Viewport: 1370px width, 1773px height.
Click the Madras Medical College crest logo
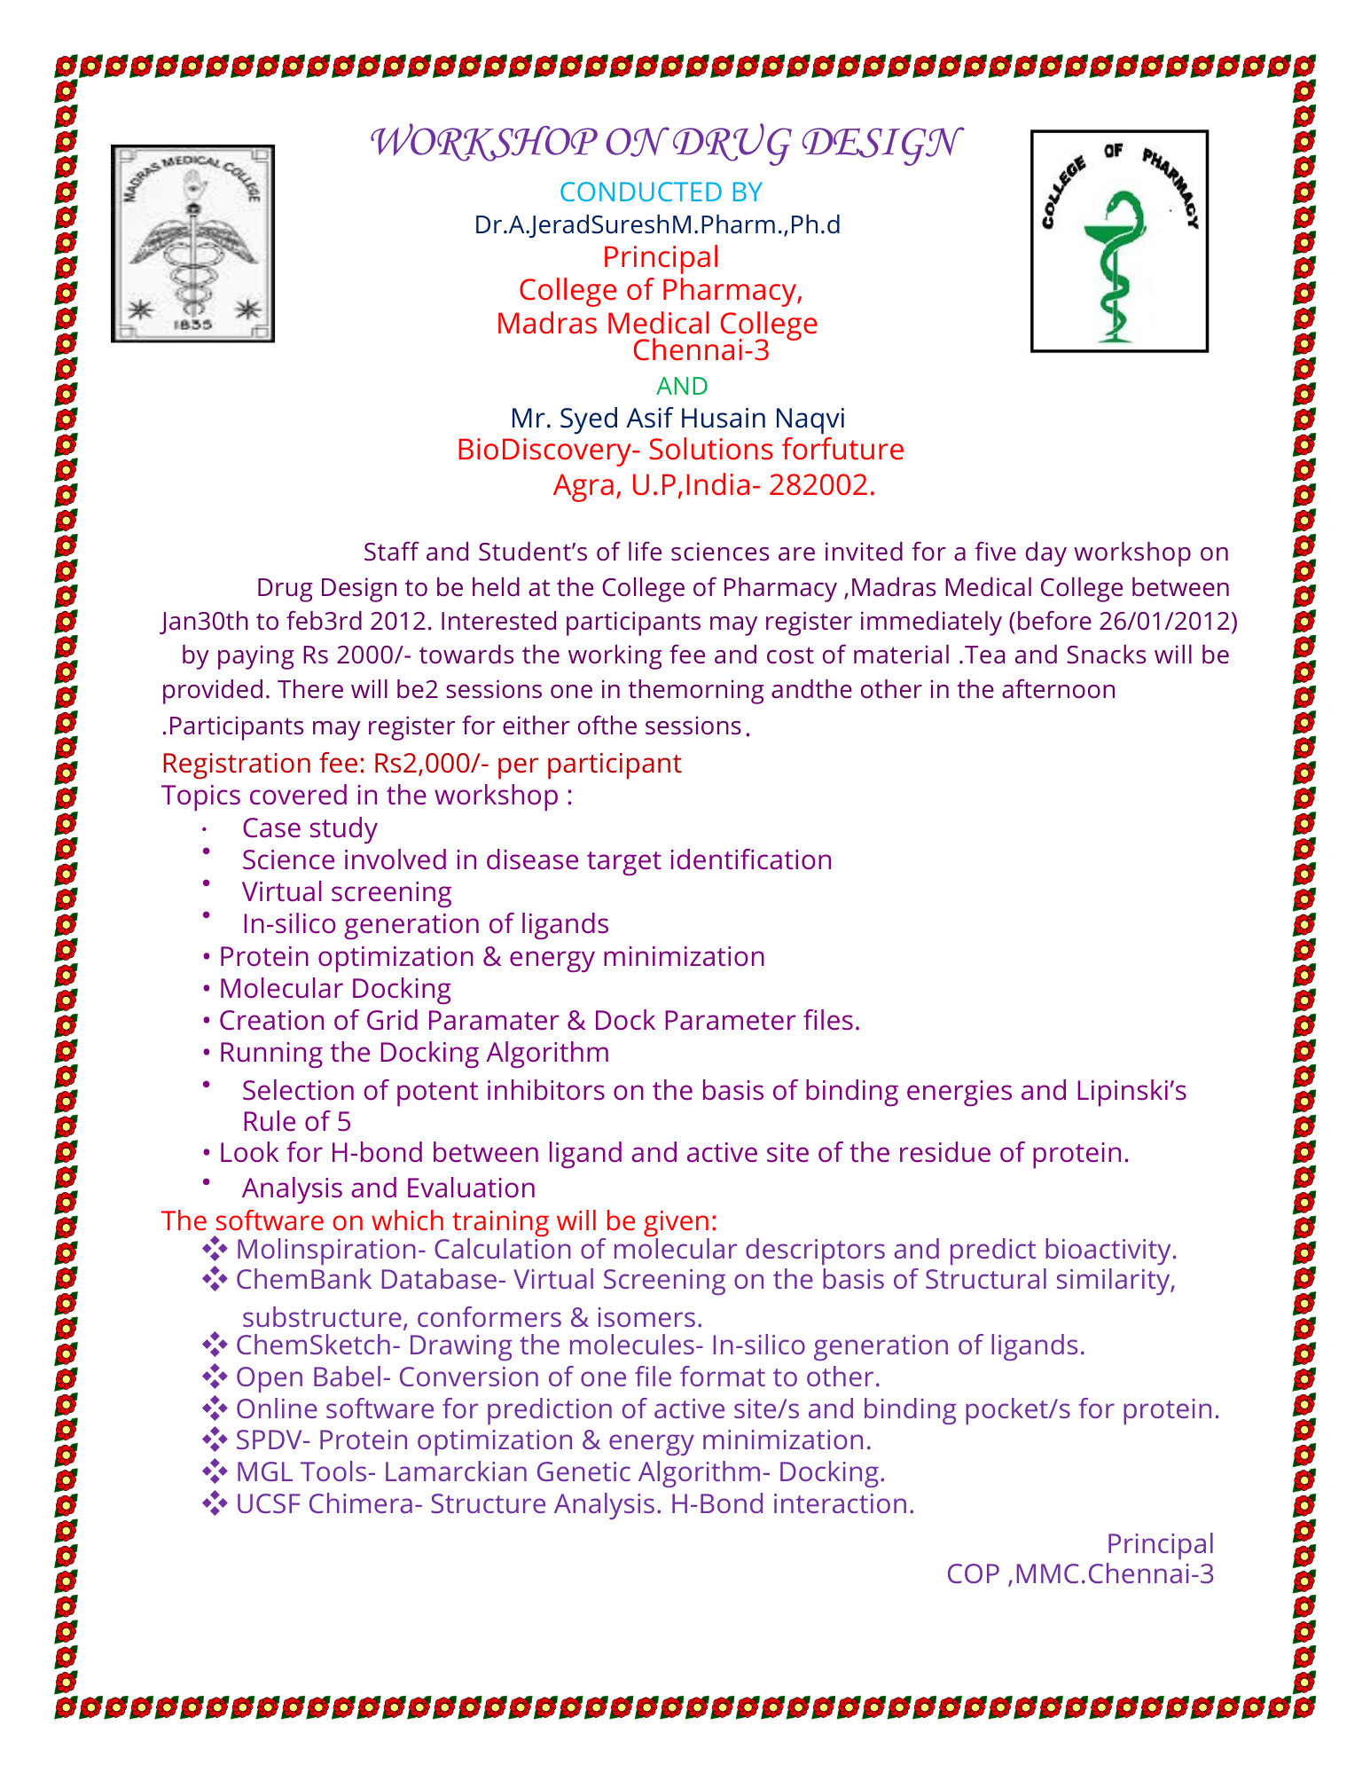click(192, 243)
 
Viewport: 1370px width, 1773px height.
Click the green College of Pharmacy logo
click(1118, 241)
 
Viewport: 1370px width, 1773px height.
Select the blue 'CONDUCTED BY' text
click(661, 192)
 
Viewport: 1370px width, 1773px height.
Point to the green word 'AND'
click(682, 386)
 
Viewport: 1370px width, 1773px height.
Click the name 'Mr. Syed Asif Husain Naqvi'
click(677, 418)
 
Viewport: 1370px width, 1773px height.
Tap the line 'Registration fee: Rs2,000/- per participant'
click(421, 763)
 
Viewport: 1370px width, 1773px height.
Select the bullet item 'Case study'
click(309, 828)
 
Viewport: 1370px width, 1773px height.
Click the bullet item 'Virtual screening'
click(347, 891)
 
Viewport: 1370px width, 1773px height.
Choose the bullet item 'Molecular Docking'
click(334, 988)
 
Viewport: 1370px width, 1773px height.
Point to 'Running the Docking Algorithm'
click(414, 1052)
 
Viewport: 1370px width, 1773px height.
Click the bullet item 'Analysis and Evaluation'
click(388, 1188)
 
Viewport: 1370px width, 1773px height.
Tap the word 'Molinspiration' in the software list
click(325, 1249)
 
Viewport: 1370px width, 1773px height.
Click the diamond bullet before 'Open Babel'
click(215, 1377)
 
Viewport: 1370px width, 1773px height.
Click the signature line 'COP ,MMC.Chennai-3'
click(1079, 1573)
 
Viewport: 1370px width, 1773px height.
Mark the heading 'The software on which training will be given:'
click(439, 1220)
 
